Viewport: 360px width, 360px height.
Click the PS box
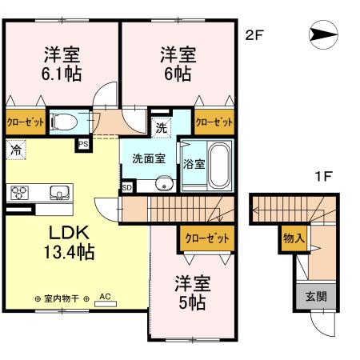pyautogui.click(x=83, y=144)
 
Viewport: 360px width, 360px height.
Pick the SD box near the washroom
pyautogui.click(x=126, y=187)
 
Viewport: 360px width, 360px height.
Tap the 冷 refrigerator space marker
pyautogui.click(x=15, y=149)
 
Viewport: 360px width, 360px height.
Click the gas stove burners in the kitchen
pyautogui.click(x=19, y=192)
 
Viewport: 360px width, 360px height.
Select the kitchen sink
pyautogui.click(x=58, y=192)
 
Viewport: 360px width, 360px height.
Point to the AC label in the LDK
pyautogui.click(x=103, y=295)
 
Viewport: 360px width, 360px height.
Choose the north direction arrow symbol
pyautogui.click(x=318, y=35)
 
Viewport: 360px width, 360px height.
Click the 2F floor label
pyautogui.click(x=254, y=36)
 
